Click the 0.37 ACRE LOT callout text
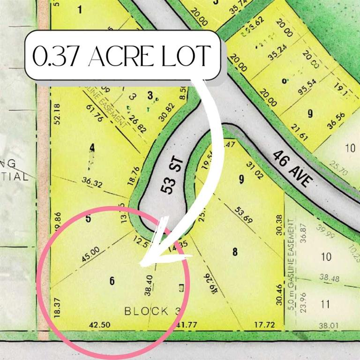click(121, 56)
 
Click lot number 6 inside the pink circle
click(112, 281)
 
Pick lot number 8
click(235, 252)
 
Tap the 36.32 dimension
click(93, 182)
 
